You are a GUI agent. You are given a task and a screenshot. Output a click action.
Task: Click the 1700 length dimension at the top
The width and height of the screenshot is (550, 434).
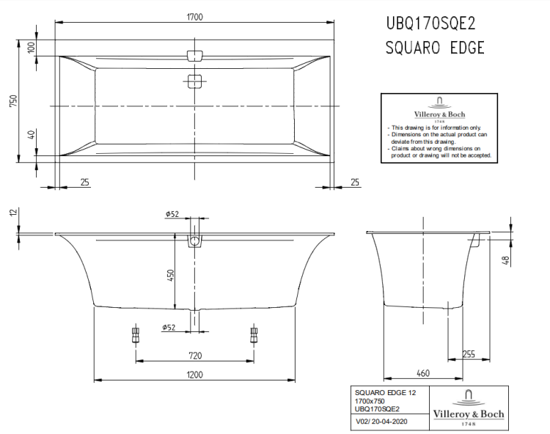pos(194,16)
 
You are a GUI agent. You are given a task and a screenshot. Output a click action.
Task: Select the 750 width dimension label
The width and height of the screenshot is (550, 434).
pos(12,102)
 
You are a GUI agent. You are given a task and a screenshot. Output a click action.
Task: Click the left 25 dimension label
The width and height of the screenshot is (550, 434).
pos(85,181)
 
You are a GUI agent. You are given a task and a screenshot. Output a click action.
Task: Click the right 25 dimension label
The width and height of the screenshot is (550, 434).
pos(355,181)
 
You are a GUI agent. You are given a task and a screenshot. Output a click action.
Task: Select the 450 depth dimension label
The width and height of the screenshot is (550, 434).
pos(169,276)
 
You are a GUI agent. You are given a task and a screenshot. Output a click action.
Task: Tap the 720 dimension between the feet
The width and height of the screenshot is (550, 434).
pos(194,355)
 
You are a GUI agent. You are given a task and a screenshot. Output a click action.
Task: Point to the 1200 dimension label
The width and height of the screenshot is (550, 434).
pos(194,374)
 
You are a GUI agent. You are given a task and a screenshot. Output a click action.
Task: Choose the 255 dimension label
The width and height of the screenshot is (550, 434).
pos(466,354)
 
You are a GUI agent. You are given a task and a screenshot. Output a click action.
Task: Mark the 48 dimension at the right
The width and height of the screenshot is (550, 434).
pos(505,260)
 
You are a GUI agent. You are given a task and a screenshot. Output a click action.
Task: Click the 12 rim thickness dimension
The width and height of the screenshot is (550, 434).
pos(12,213)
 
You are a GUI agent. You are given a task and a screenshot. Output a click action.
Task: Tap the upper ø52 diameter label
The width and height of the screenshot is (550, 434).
pos(172,213)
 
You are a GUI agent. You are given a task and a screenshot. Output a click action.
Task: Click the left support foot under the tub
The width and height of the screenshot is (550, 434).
pos(135,334)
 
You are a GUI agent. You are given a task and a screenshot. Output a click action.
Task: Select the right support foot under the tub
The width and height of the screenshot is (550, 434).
pos(254,334)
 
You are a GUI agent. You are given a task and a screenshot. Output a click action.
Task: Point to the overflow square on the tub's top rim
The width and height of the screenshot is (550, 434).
pos(194,56)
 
